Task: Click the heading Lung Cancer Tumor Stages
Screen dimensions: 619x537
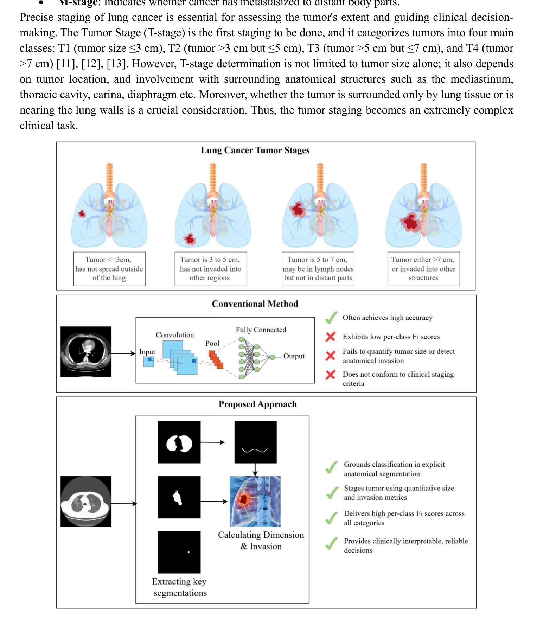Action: click(x=255, y=151)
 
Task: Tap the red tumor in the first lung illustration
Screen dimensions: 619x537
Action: click(x=82, y=213)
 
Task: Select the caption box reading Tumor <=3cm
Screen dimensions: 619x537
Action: click(x=109, y=269)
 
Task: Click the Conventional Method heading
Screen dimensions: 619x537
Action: click(x=255, y=304)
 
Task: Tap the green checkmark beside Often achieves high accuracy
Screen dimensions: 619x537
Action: click(x=331, y=318)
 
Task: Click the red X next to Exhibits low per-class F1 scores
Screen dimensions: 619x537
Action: click(x=330, y=337)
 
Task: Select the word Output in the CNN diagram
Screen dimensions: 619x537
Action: click(x=294, y=356)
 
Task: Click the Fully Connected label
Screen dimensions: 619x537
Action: click(x=261, y=330)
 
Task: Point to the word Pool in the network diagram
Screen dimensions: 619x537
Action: click(x=212, y=343)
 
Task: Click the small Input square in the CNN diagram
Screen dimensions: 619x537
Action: click(x=148, y=362)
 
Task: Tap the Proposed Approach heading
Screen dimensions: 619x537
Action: click(x=257, y=404)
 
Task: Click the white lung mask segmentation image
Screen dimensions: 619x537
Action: click(x=179, y=442)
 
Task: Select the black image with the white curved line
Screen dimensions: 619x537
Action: click(x=255, y=442)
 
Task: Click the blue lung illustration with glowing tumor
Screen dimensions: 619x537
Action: click(x=255, y=501)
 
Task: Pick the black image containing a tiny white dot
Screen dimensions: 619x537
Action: click(x=179, y=552)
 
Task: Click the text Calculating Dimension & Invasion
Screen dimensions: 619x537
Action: click(x=261, y=541)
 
